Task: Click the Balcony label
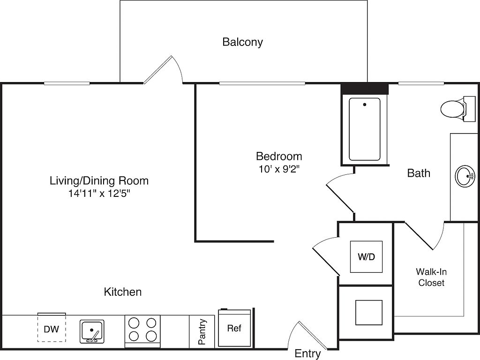[x=242, y=42]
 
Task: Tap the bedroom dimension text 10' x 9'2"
[x=279, y=169]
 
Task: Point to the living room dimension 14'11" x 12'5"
[x=99, y=194]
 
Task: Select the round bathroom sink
[x=465, y=176]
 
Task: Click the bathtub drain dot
[x=365, y=105]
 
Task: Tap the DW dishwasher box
[x=52, y=328]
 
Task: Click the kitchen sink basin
[x=92, y=331]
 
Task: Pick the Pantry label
[x=202, y=331]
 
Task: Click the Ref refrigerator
[x=234, y=328]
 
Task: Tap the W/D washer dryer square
[x=367, y=256]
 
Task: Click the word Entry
[x=307, y=353]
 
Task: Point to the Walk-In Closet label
[x=431, y=277]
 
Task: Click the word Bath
[x=419, y=173]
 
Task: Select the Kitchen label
[x=122, y=292]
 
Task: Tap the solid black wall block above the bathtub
[x=365, y=89]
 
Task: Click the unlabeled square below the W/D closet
[x=368, y=313]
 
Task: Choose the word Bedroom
[x=279, y=156]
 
